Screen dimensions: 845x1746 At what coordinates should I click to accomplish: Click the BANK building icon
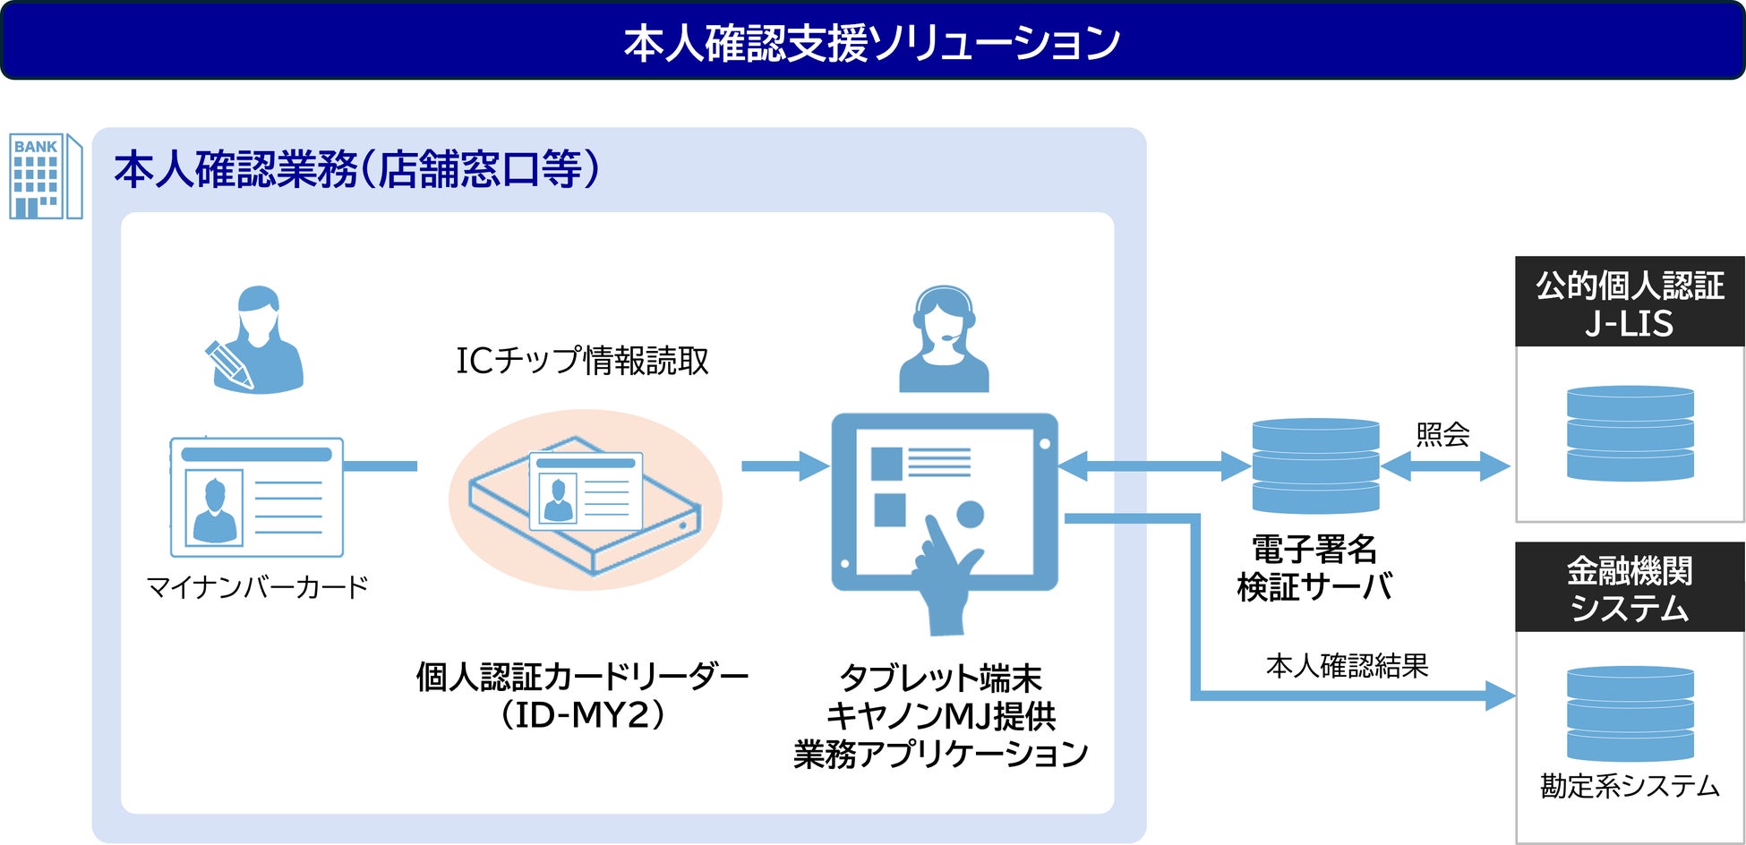pos(45,176)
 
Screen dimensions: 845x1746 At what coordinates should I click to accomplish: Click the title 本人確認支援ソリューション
pos(872,42)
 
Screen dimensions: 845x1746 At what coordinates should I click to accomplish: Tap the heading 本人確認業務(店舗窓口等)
pos(356,169)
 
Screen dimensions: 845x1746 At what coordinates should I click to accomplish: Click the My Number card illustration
pos(257,497)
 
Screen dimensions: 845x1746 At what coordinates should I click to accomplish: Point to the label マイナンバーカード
pos(257,587)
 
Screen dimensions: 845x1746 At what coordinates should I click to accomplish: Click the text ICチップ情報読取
pos(582,361)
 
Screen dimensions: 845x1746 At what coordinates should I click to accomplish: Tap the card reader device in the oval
pos(585,501)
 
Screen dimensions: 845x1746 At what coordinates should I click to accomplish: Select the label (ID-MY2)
pos(582,716)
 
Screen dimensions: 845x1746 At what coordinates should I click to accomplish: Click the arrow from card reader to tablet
pos(783,465)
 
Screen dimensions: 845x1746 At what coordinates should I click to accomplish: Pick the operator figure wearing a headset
pos(943,340)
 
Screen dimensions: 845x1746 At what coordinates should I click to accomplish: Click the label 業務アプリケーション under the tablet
pos(940,755)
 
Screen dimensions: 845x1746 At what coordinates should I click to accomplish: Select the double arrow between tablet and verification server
pos(1153,465)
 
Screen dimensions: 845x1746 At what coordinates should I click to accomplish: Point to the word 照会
pos(1442,435)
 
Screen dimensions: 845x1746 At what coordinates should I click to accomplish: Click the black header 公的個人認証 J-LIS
pos(1629,303)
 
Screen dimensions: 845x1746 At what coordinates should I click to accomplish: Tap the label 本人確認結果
pos(1347,666)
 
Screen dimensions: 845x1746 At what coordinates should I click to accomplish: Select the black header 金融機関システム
pos(1629,588)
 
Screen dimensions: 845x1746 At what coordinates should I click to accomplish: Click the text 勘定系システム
pos(1629,786)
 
